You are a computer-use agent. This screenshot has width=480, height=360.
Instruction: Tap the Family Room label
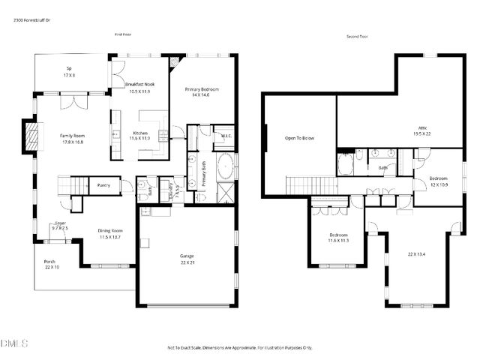[72, 137]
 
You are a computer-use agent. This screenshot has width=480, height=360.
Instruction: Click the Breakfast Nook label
[139, 87]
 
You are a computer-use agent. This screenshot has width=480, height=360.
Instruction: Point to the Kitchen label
[140, 135]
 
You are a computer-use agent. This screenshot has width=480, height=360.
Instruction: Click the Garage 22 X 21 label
[186, 259]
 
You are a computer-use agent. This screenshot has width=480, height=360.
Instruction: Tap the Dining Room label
[109, 234]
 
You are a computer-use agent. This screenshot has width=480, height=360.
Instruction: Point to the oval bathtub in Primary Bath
[226, 166]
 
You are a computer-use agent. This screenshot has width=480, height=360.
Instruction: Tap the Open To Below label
[299, 138]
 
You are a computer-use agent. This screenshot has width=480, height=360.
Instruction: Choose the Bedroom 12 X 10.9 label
[439, 181]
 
